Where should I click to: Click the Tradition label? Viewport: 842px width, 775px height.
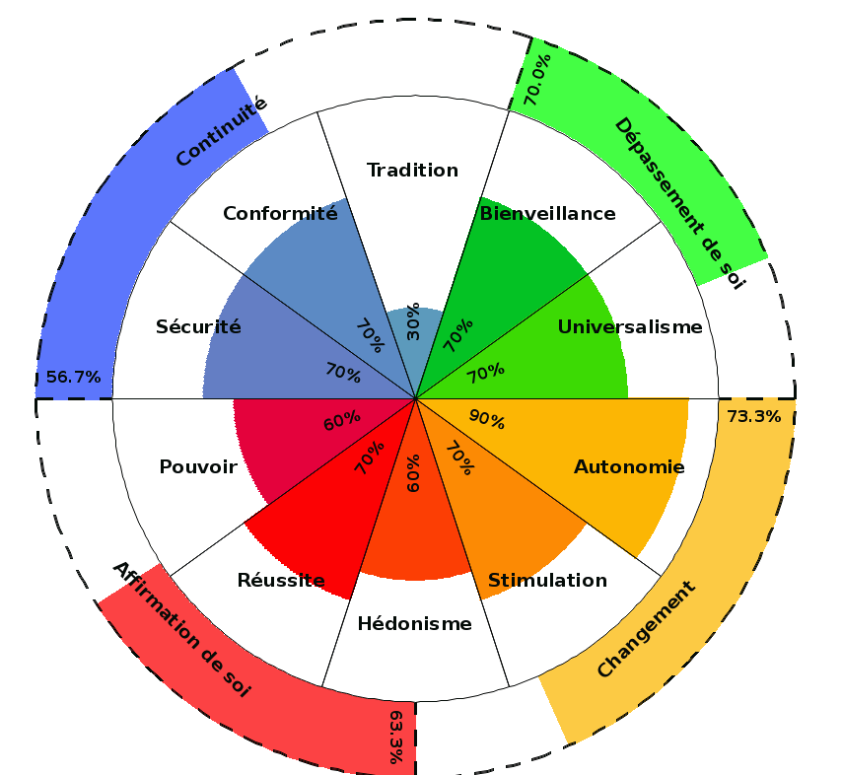click(412, 171)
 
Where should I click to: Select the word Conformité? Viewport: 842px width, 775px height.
click(280, 213)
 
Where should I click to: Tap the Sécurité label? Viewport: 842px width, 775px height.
click(198, 326)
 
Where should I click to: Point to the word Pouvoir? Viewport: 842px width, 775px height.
click(198, 466)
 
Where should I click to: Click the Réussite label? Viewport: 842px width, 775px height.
click(281, 580)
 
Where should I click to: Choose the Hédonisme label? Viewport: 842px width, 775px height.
click(414, 623)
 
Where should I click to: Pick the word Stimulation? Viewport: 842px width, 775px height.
click(547, 580)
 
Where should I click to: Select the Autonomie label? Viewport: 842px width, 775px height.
click(629, 466)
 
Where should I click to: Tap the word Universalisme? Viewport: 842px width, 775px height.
click(630, 326)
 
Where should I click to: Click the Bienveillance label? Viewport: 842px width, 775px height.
click(547, 213)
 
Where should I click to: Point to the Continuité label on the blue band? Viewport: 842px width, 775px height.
click(222, 130)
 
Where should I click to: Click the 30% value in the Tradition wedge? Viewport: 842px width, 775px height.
click(412, 322)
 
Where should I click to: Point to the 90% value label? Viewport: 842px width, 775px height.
click(486, 420)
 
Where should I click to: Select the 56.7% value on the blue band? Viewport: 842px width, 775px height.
click(74, 377)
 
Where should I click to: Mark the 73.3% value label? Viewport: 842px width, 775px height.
click(753, 416)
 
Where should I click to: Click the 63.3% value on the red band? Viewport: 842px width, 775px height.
click(396, 737)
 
